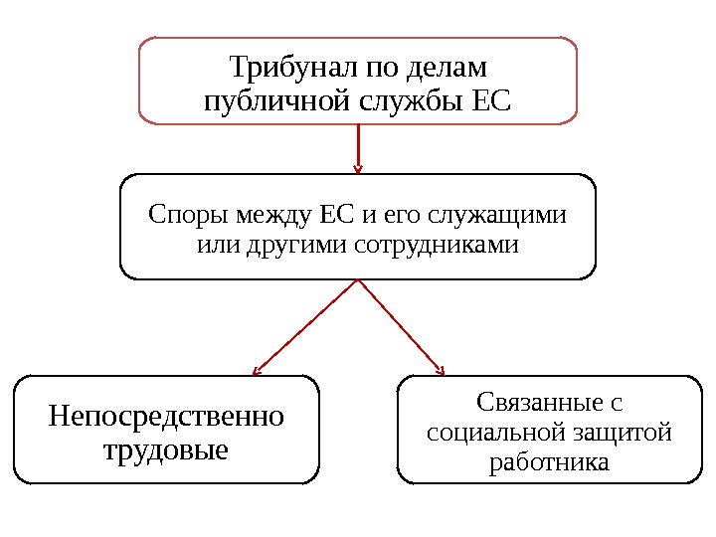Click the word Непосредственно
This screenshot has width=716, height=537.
[x=166, y=415]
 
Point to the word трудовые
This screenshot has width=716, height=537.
[x=166, y=449]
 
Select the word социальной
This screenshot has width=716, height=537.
[x=493, y=434]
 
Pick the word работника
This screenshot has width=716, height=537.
[x=549, y=463]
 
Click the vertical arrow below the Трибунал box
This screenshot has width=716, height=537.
[x=358, y=148]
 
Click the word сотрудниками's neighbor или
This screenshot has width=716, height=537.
[x=213, y=244]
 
